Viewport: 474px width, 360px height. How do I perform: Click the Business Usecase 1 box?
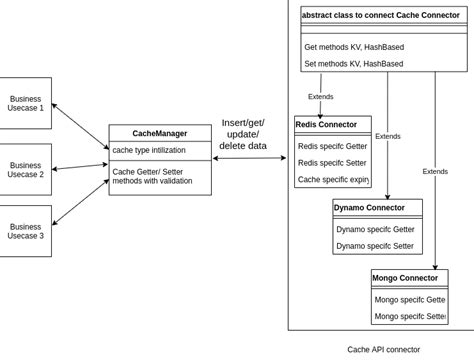coord(25,103)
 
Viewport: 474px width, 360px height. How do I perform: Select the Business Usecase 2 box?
coord(25,169)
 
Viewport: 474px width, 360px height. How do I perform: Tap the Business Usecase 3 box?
coord(25,231)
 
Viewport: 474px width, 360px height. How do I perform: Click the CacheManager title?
coord(160,133)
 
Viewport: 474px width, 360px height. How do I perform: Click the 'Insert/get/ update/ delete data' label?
coord(243,134)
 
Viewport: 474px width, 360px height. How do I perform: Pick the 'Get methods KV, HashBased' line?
coord(353,47)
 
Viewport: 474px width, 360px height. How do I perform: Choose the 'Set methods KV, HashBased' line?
coord(353,64)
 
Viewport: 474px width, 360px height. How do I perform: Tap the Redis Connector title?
coord(326,125)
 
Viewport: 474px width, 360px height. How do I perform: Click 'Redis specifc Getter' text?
coord(332,146)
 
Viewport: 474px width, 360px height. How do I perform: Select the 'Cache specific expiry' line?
coord(333,180)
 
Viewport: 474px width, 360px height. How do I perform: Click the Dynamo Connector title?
coord(369,208)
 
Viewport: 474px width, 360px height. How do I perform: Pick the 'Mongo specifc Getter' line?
coord(410,299)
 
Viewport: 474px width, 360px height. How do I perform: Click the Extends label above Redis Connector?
coord(321,97)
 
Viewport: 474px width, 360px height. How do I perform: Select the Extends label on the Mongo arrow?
coord(435,171)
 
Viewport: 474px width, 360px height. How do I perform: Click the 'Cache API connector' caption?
coord(383,350)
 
